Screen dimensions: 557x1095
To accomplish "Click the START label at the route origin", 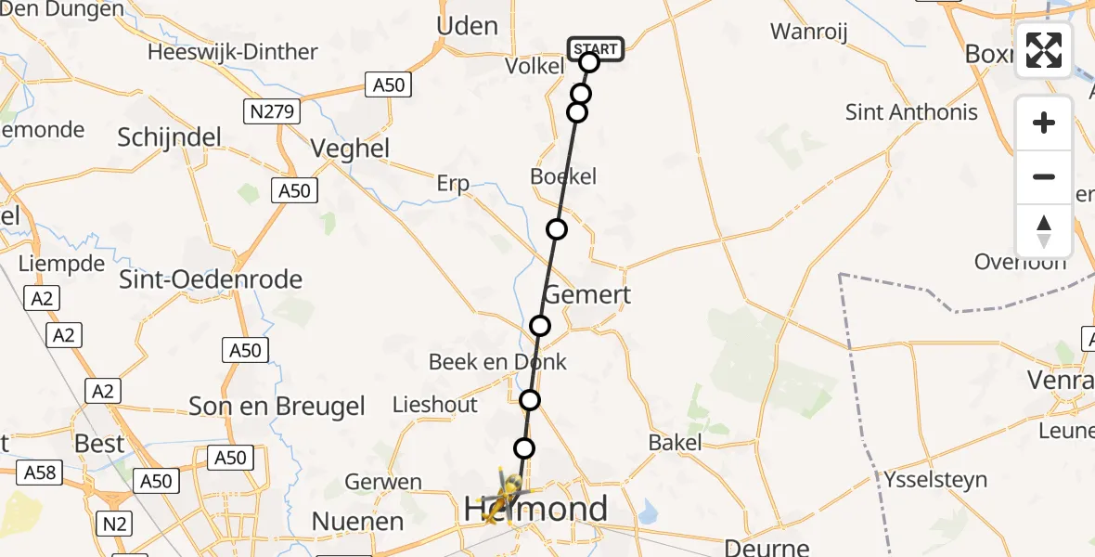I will [x=596, y=49].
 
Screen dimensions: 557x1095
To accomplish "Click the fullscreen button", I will [x=1044, y=50].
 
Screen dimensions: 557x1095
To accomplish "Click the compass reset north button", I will [x=1044, y=231].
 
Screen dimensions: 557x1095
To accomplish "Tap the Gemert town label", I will [x=586, y=295].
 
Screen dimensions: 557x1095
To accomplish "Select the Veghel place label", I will [x=350, y=149].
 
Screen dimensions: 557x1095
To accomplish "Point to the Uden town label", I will [x=467, y=26].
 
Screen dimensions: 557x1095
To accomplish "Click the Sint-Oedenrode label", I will [x=211, y=278].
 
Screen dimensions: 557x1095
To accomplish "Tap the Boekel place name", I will [x=563, y=176].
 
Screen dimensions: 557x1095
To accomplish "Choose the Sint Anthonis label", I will [x=911, y=112].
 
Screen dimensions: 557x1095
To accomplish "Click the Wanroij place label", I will [x=809, y=32].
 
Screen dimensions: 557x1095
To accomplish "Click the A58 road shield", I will [x=40, y=473].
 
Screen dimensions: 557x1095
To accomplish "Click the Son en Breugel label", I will [x=277, y=406].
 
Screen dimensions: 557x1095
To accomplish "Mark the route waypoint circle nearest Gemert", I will [x=540, y=326].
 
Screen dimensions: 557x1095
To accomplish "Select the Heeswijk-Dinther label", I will [x=232, y=52].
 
